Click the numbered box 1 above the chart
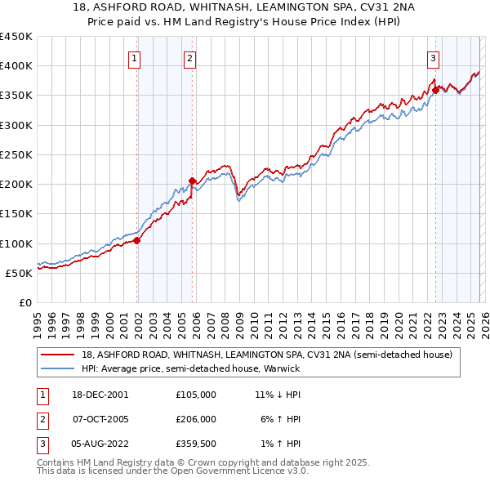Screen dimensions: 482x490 [133, 57]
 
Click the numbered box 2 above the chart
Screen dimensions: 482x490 [189, 57]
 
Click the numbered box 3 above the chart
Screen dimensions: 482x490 [432, 57]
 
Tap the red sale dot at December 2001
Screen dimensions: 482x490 [137, 240]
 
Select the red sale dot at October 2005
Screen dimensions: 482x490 [192, 181]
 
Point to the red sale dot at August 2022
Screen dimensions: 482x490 [435, 90]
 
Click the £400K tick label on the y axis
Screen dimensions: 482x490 [16, 66]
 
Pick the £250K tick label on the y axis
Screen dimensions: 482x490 [16, 154]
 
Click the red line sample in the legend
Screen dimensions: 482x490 [57, 355]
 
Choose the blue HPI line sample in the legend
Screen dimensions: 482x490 [57, 368]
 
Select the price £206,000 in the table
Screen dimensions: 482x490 [195, 419]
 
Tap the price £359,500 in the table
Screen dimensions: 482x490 [195, 444]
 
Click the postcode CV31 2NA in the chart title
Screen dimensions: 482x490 [340, 7]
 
